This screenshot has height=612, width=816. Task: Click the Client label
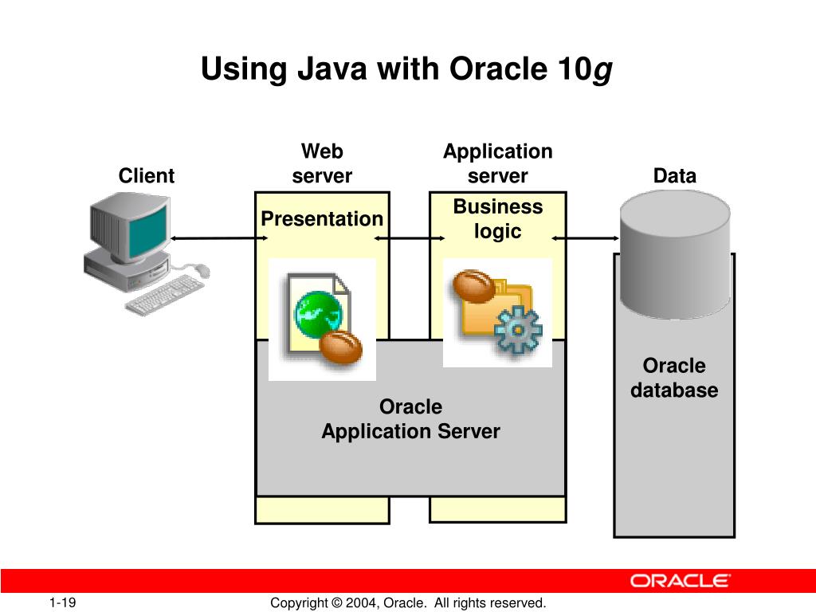point(146,176)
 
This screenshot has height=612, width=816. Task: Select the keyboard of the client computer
point(165,293)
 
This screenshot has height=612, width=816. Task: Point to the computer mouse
point(202,270)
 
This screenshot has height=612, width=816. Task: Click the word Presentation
point(322,219)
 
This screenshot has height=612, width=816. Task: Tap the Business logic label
point(498,219)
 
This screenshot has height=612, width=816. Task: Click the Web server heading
point(322,163)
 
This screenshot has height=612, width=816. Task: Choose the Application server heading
point(498,163)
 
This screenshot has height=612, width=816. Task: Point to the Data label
point(674,176)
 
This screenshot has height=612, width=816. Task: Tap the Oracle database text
point(674,379)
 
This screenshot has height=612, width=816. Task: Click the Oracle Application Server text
point(410,419)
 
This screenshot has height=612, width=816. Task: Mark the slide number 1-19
point(62,602)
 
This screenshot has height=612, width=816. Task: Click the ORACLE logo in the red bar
point(680,581)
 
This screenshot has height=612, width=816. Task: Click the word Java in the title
point(332,70)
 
